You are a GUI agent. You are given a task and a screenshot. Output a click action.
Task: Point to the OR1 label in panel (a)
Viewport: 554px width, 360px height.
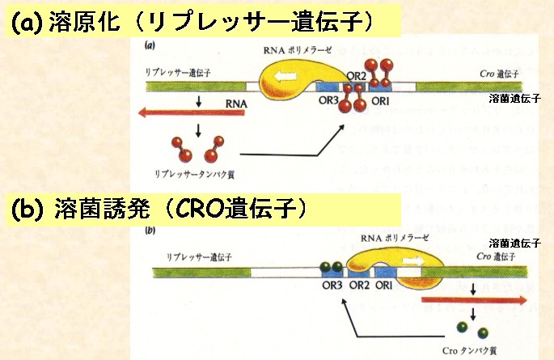[x=381, y=100]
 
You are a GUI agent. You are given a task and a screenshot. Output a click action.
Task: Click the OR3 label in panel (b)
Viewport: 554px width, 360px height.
[x=332, y=286]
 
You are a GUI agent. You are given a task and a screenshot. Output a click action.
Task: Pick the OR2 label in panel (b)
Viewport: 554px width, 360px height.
[x=358, y=286]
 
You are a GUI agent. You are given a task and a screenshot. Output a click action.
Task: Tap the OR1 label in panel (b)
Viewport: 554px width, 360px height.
[x=384, y=286]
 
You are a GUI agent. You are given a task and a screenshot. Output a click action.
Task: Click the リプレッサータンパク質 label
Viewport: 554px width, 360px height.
[x=199, y=172]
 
